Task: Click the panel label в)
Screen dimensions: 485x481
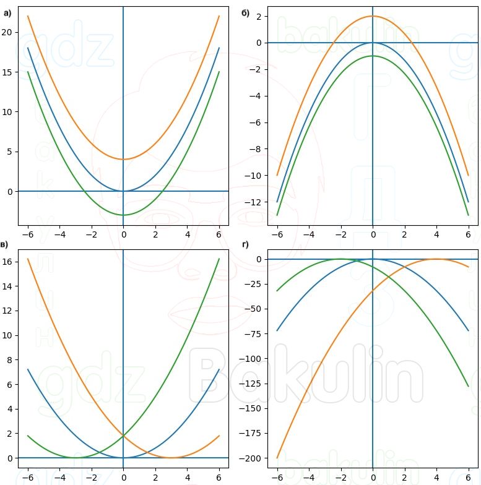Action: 5,245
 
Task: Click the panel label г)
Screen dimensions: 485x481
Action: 245,245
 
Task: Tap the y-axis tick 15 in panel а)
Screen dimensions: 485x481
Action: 7,72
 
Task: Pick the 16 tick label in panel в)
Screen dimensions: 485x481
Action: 7,262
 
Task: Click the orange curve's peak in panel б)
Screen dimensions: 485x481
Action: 373,16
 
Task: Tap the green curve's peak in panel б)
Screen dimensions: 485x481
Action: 373,56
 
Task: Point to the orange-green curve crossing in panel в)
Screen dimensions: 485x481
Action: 123,436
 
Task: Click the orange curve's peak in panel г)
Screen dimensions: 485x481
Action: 436,259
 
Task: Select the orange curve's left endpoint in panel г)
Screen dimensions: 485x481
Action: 277,458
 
